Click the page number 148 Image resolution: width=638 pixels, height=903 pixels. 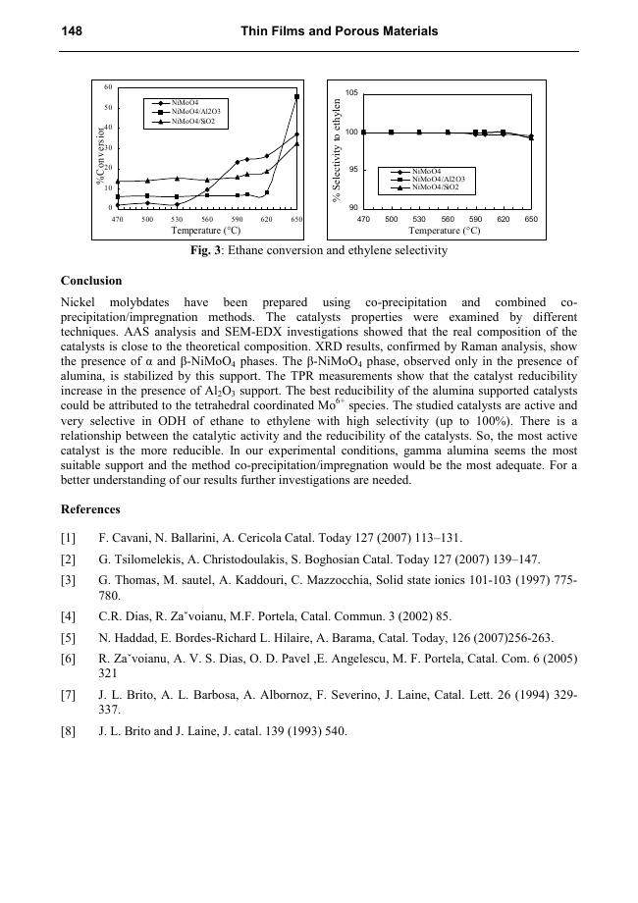tap(71, 32)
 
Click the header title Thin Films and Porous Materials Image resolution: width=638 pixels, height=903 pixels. tap(339, 32)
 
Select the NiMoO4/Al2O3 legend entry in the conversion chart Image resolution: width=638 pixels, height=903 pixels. tap(194, 112)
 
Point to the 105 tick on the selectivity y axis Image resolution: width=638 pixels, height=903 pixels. tap(350, 93)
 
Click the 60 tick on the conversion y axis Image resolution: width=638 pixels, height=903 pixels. tap(109, 86)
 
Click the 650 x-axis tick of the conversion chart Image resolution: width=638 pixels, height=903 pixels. tap(296, 219)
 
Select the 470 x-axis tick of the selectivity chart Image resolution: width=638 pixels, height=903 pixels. tap(363, 219)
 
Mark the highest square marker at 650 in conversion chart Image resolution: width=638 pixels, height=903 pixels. tap(296, 97)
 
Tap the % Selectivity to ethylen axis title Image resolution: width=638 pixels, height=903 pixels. tap(337, 151)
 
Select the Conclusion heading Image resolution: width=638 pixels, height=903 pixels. tap(91, 281)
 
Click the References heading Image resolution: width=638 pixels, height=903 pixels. tap(90, 509)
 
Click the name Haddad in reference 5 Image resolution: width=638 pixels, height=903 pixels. tap(129, 637)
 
